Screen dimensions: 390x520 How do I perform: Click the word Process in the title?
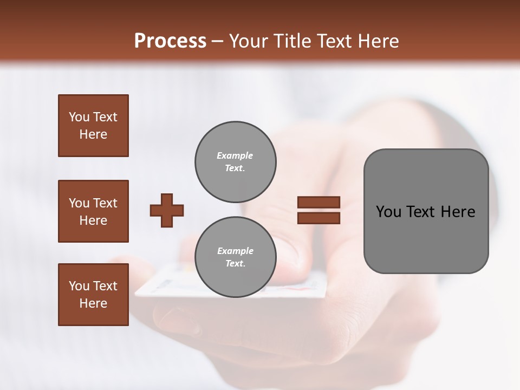pyautogui.click(x=170, y=41)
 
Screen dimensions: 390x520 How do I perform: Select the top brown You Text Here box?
pyautogui.click(x=93, y=126)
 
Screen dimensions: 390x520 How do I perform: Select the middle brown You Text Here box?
pyautogui.click(x=93, y=211)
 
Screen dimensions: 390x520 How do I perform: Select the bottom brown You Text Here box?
pyautogui.click(x=93, y=294)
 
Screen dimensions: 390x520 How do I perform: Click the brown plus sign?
pyautogui.click(x=167, y=210)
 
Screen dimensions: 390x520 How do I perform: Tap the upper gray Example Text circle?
pyautogui.click(x=235, y=162)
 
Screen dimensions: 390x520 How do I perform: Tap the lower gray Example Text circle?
pyautogui.click(x=235, y=257)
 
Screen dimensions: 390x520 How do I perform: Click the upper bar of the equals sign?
pyautogui.click(x=318, y=202)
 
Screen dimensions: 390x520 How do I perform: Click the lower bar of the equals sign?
pyautogui.click(x=318, y=218)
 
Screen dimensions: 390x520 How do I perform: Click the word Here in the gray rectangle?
pyautogui.click(x=458, y=212)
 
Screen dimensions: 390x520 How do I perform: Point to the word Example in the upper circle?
pyautogui.click(x=235, y=155)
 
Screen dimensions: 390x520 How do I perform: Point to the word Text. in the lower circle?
pyautogui.click(x=235, y=264)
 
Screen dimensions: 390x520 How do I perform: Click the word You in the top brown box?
pyautogui.click(x=78, y=117)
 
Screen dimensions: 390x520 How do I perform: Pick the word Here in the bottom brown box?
pyautogui.click(x=93, y=303)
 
